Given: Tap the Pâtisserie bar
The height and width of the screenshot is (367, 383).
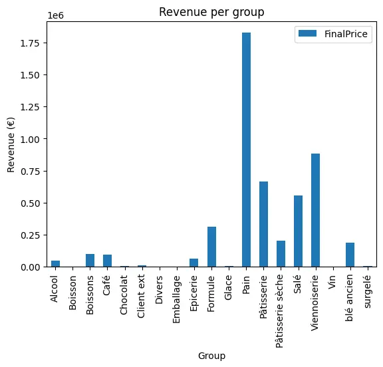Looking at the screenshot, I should (x=263, y=224).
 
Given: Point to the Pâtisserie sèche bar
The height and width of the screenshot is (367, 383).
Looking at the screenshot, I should (x=281, y=254).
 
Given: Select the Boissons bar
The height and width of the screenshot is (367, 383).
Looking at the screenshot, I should (x=90, y=261).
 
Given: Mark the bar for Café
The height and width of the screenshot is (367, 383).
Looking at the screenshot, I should (x=107, y=261).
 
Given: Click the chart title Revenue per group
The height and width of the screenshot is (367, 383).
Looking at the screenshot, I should (x=211, y=13).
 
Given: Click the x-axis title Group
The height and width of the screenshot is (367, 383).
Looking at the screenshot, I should (x=211, y=356).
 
